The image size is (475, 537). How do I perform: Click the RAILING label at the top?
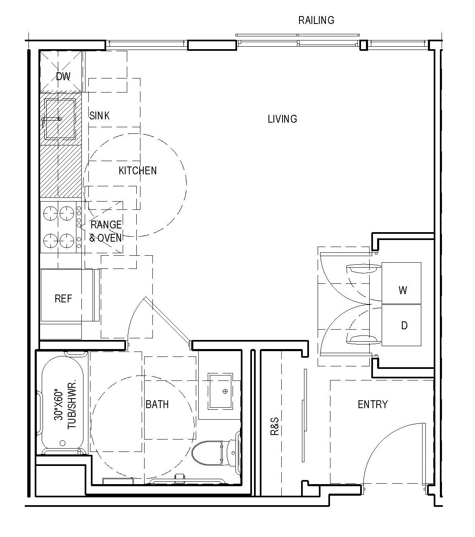click(x=316, y=20)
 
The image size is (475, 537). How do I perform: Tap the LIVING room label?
click(x=282, y=119)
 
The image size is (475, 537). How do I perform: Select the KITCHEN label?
click(x=138, y=171)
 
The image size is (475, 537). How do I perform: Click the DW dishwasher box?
click(x=63, y=76)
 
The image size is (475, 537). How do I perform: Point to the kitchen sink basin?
click(x=60, y=119)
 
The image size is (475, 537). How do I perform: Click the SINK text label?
click(x=100, y=116)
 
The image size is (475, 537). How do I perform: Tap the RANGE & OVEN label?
click(x=106, y=231)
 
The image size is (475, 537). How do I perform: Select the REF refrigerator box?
click(x=63, y=299)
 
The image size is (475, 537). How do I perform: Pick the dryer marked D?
click(x=402, y=326)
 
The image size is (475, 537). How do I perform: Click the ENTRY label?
click(x=373, y=404)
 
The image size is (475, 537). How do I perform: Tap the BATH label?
click(x=157, y=404)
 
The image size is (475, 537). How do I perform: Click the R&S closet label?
click(x=275, y=427)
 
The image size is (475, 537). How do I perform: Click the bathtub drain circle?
click(x=62, y=443)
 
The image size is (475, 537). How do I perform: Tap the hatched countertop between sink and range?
click(x=60, y=171)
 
